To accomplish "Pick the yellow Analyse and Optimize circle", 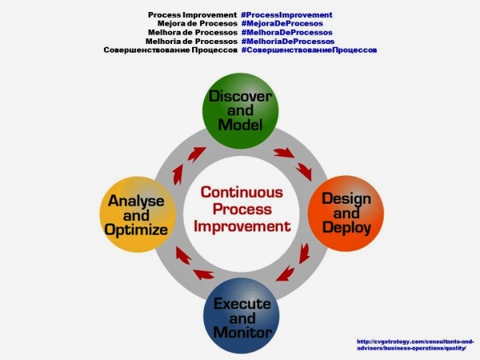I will point(138,213).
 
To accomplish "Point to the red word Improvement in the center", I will point(241,226).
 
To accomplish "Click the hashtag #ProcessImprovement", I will point(286,15).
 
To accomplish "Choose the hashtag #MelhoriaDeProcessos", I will point(287,41).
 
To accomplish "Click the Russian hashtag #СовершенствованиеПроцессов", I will point(309,50).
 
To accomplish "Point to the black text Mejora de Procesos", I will point(197,24).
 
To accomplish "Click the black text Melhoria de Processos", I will point(192,41).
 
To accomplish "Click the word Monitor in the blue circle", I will point(241,331).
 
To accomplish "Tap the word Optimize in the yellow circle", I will point(138,230).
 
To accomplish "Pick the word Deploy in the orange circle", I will point(346,227).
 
